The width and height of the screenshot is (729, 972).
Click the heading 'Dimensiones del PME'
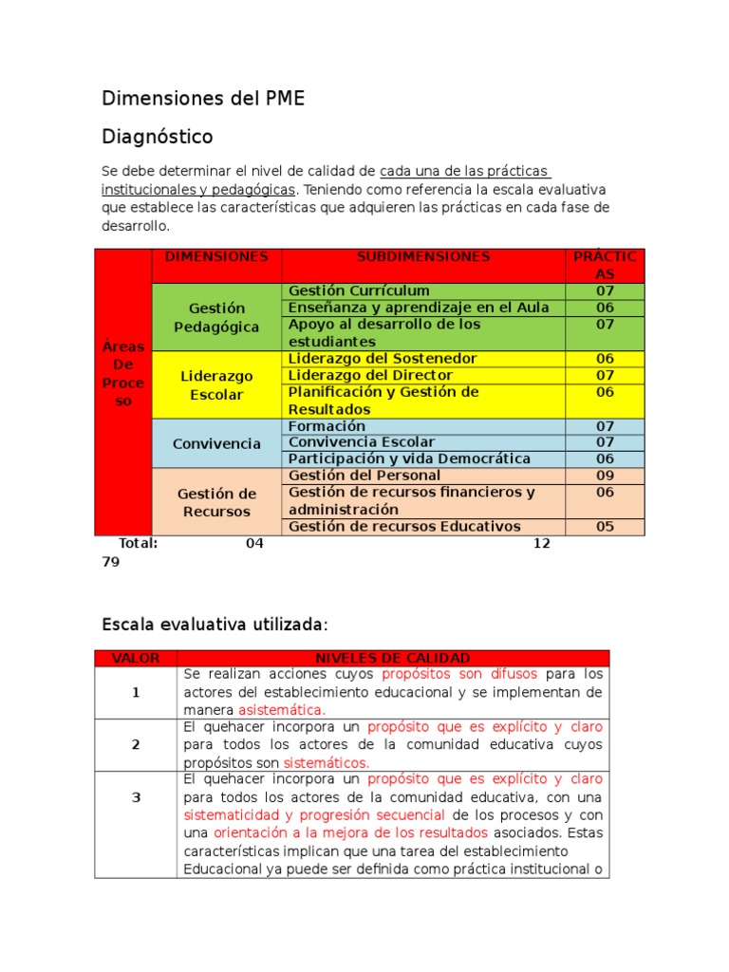pyautogui.click(x=203, y=99)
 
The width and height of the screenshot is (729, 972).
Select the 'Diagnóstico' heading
pyautogui.click(x=158, y=137)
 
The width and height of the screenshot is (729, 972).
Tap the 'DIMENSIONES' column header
pyautogui.click(x=216, y=257)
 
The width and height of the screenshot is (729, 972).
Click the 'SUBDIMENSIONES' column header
pyautogui.click(x=423, y=257)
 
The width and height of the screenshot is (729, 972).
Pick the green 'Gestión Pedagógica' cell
pyautogui.click(x=216, y=317)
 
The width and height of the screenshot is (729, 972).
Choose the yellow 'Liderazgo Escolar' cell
pyautogui.click(x=216, y=385)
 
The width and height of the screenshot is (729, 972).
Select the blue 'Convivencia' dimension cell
pyautogui.click(x=216, y=443)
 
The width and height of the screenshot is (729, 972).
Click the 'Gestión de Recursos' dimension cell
pyautogui.click(x=216, y=502)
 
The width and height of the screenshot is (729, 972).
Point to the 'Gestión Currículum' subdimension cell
pyautogui.click(x=359, y=290)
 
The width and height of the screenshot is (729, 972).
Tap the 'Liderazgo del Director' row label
pyautogui.click(x=370, y=375)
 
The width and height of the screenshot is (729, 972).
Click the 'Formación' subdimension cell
pyautogui.click(x=327, y=426)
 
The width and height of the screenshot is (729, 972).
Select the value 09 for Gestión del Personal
pyautogui.click(x=605, y=475)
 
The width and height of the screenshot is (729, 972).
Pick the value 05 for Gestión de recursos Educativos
pyautogui.click(x=605, y=527)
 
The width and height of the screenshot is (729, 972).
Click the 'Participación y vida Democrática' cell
pyautogui.click(x=409, y=458)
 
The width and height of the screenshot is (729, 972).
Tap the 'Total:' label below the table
pyautogui.click(x=138, y=543)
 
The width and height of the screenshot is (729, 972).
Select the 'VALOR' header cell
pyautogui.click(x=136, y=658)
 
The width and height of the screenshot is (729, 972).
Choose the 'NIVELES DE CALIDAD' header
pyautogui.click(x=392, y=658)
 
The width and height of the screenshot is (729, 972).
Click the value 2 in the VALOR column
pyautogui.click(x=136, y=745)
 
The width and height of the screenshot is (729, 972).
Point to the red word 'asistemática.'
pyautogui.click(x=281, y=709)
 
